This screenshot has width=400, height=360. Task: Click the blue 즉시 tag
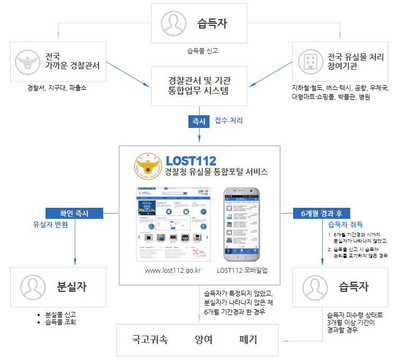tap(199, 121)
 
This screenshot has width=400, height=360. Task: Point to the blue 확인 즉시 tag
tap(74, 214)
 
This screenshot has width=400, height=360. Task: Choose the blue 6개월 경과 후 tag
tap(321, 214)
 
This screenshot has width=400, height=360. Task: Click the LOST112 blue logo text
tap(191, 160)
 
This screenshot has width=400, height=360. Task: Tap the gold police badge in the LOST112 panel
tap(146, 165)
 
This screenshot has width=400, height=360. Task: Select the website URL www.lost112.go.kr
tap(172, 271)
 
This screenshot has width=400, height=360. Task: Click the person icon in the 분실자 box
tap(33, 288)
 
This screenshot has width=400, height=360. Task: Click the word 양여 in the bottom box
tap(204, 339)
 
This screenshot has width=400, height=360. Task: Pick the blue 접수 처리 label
tap(229, 121)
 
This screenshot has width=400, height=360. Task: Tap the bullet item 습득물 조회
tap(61, 321)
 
